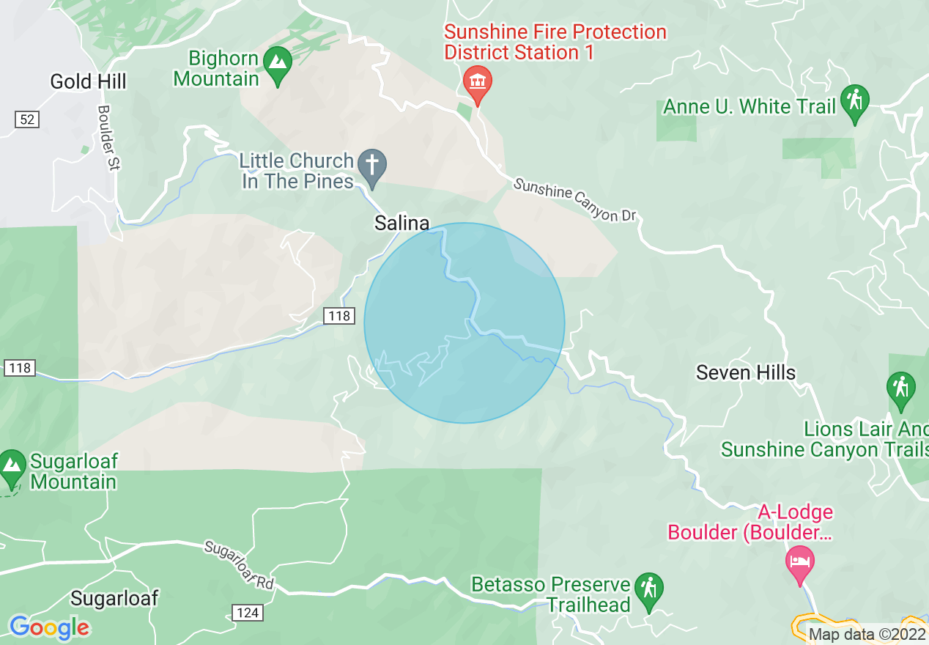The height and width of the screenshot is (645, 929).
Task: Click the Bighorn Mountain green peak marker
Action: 278,64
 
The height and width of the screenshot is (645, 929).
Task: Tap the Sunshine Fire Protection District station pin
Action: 477,83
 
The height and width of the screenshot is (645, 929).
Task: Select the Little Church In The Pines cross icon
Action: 372,167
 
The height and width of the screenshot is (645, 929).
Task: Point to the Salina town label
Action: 401,223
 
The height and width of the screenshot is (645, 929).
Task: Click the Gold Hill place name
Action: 88,81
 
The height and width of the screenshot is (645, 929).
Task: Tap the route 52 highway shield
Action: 26,119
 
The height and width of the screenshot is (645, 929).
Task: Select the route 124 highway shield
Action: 248,611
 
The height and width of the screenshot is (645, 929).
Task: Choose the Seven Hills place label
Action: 745,372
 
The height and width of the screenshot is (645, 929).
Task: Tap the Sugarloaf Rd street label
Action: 239,565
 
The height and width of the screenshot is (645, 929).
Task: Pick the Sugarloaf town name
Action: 114,597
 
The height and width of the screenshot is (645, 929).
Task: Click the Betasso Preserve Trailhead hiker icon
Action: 648,590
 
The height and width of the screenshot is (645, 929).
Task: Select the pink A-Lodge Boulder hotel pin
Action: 798,563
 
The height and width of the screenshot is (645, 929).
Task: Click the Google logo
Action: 50,627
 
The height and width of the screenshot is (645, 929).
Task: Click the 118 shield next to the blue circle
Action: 339,316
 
